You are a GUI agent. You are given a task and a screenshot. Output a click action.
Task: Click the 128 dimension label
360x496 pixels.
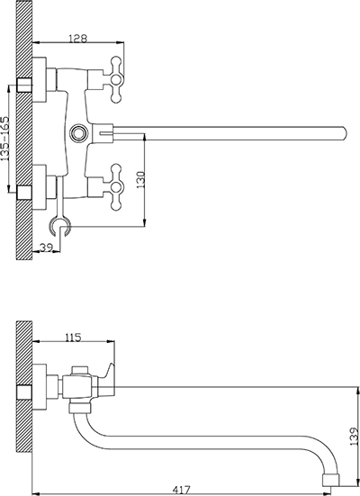tap(77, 39)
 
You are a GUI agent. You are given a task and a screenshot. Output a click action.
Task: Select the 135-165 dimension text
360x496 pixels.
tap(5, 139)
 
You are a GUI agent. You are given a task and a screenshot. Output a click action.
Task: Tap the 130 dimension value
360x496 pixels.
tap(140, 180)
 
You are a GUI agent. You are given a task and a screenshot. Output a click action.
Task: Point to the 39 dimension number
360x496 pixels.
tap(46, 247)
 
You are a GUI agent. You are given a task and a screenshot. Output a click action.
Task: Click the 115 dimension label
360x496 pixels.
tap(74, 338)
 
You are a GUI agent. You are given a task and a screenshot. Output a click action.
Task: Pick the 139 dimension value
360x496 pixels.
tap(355, 437)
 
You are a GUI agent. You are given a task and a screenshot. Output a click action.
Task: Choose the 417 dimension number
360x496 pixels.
tap(182, 490)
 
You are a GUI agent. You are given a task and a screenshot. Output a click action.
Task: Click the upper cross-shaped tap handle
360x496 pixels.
tap(116, 79)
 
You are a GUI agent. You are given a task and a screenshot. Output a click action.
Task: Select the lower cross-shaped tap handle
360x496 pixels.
tap(116, 187)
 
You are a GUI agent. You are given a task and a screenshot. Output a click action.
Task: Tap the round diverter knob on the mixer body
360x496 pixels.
tap(77, 132)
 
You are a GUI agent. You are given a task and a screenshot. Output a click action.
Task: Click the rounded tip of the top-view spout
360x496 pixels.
tap(344, 132)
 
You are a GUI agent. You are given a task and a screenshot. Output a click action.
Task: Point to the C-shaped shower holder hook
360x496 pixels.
tap(59, 226)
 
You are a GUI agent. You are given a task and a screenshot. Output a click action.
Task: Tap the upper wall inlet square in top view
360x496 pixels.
tap(24, 85)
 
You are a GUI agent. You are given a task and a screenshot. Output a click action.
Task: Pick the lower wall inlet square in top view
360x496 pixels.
tap(24, 193)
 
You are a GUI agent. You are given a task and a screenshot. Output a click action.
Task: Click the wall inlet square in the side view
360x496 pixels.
tap(24, 392)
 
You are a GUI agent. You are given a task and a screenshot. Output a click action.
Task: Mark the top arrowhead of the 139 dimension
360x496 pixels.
tap(358, 391)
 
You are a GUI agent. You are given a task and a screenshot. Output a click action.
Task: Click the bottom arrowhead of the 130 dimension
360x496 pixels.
tap(145, 222)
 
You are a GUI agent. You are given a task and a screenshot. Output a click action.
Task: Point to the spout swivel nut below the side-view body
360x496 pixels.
tap(79, 408)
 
